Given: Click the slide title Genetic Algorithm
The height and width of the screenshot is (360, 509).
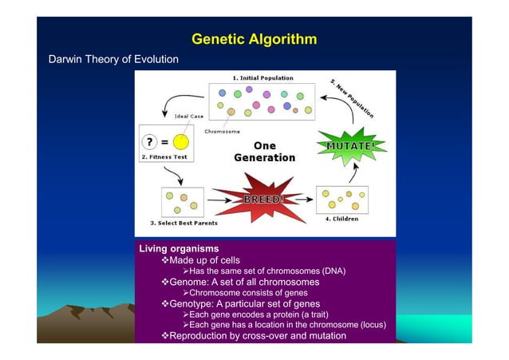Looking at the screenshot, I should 254,39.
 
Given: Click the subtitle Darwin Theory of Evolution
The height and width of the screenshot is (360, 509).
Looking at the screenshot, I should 114,60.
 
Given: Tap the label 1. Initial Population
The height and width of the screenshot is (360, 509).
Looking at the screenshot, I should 262,78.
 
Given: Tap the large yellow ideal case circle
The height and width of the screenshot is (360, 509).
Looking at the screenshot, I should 181,141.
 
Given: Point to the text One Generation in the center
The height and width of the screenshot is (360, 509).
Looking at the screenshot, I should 264,152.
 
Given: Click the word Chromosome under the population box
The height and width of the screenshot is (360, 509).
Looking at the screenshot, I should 223,131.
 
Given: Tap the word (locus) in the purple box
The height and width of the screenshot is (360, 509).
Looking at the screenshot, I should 369,325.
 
